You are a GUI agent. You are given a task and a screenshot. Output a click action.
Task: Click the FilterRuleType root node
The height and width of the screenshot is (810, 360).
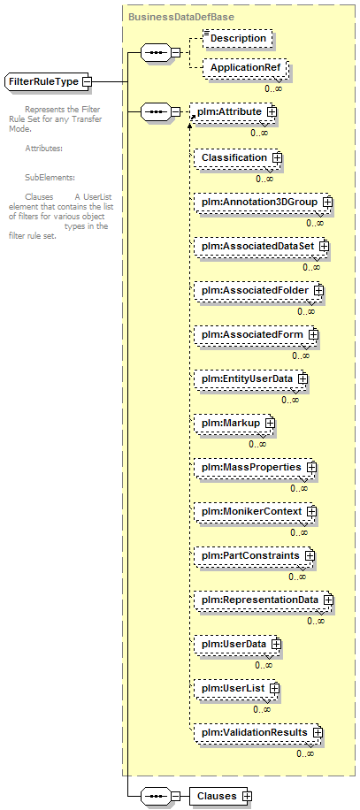(x=48, y=82)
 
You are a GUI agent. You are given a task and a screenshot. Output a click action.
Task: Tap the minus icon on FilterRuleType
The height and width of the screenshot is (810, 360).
(x=88, y=82)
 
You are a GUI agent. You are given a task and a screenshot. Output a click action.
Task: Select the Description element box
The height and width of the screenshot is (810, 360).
(x=237, y=39)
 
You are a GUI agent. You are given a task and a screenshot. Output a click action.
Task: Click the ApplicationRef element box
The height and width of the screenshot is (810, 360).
(x=245, y=68)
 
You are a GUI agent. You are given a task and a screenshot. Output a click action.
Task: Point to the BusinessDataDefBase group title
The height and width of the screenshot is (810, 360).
(x=181, y=17)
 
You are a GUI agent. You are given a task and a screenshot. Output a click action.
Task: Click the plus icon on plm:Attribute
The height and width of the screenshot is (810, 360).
(x=272, y=111)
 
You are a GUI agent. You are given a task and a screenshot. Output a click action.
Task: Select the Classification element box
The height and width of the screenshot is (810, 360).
(x=238, y=157)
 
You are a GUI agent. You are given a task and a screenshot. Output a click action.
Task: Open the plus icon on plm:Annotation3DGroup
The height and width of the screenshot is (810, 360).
(x=326, y=202)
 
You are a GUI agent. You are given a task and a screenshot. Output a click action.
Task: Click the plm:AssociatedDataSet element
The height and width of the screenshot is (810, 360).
(x=262, y=247)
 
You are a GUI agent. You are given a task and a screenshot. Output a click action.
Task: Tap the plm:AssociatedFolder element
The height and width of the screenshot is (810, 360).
(x=259, y=290)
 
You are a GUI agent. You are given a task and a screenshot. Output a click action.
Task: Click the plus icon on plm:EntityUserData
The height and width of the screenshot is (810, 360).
(x=303, y=378)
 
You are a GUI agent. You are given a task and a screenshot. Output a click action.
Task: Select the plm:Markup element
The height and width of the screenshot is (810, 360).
(x=234, y=423)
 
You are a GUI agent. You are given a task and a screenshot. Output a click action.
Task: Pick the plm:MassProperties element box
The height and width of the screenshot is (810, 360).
(x=255, y=467)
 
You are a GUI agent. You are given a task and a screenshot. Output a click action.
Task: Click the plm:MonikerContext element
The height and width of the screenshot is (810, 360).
(x=255, y=511)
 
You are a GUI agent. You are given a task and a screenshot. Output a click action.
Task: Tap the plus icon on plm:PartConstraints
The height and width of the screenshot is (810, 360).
(x=310, y=556)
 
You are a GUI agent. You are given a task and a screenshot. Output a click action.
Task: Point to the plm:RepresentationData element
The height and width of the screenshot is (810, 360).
(x=264, y=600)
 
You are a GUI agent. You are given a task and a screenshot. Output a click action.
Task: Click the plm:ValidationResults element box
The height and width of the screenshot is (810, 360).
(x=258, y=732)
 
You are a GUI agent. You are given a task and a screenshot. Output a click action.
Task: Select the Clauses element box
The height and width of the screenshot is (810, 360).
(x=220, y=796)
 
